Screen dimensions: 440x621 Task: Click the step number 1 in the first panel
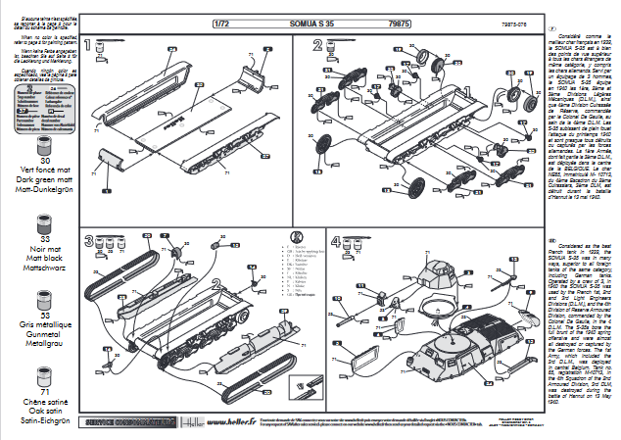[89, 46]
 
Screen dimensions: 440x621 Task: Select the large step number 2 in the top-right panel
[318, 46]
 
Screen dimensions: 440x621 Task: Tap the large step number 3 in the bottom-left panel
[89, 241]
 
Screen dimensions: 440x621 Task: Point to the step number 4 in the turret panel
[336, 241]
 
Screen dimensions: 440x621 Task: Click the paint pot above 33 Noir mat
[43, 217]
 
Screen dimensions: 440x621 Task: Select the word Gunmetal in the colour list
[43, 334]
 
